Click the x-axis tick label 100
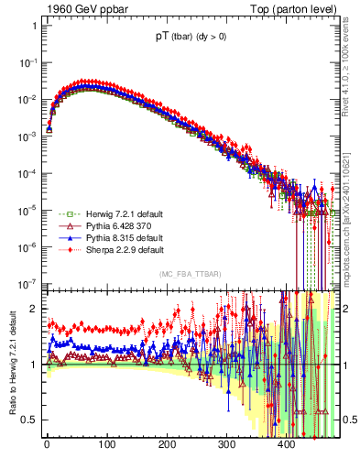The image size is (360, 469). pos(106,446)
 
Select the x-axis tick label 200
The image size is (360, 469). pos(167,446)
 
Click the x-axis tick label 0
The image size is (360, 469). pos(47,446)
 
